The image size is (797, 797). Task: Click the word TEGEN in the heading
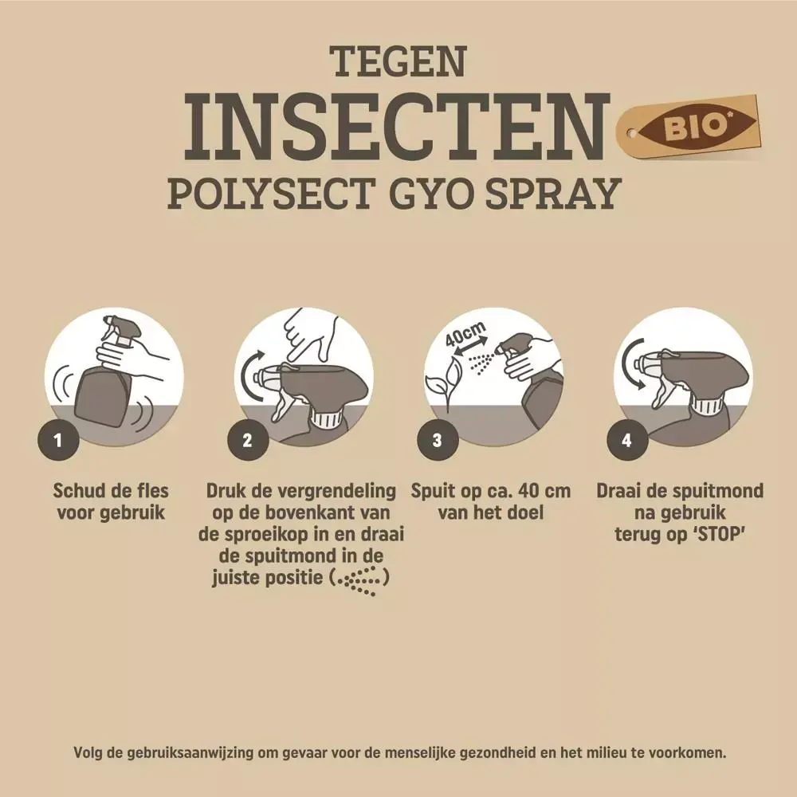[x=399, y=61]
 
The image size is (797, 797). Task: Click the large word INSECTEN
[x=396, y=126]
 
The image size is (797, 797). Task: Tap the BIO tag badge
[x=689, y=127]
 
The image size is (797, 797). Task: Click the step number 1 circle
[x=58, y=440]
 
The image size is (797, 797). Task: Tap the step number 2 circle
[x=248, y=440]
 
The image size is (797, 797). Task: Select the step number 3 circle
[x=438, y=440]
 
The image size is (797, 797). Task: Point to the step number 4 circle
[x=627, y=440]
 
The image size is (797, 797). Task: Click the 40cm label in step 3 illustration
[x=465, y=335]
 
